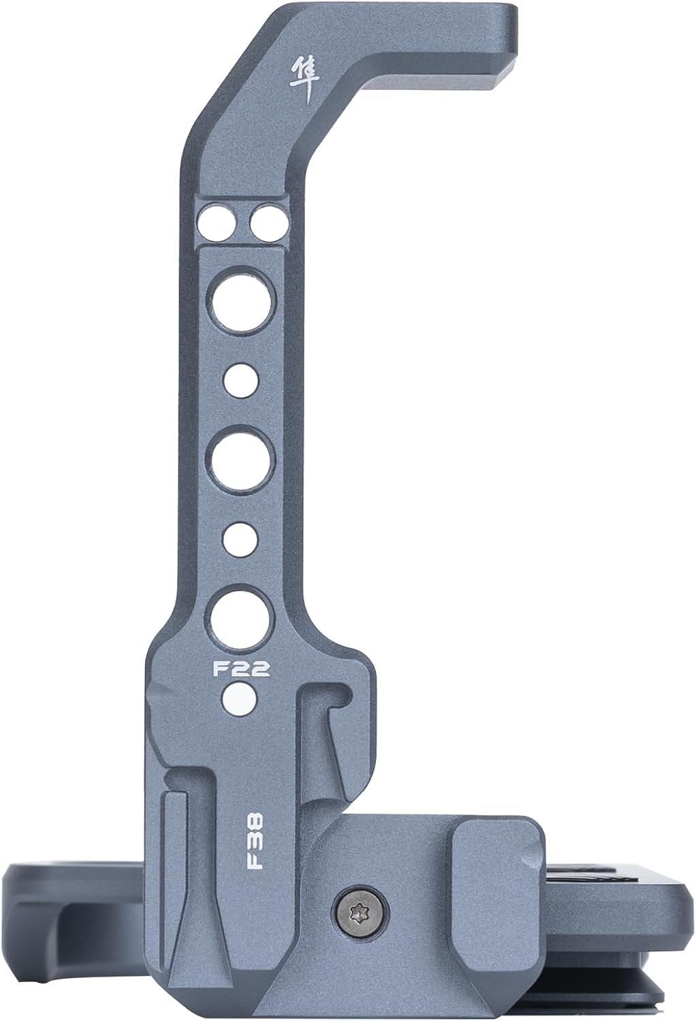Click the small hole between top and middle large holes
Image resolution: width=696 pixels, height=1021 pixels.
pos(241,379)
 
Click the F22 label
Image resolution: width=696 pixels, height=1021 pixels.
pos(242,669)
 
